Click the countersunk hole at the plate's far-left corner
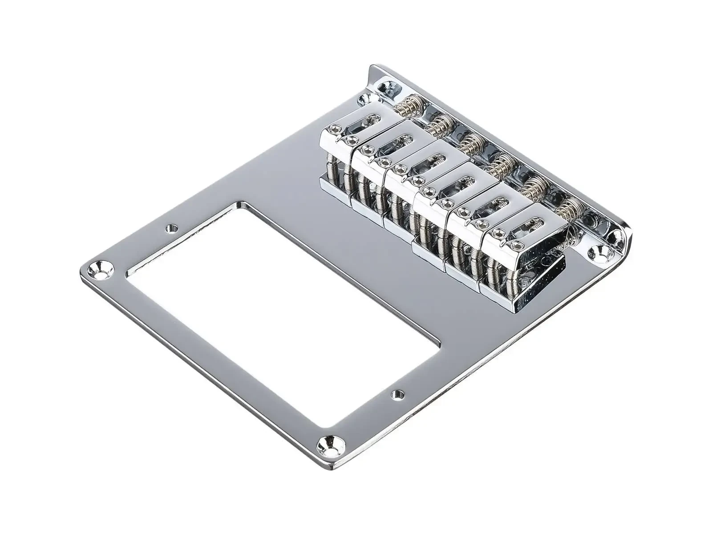101,270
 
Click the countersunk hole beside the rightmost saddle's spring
598,254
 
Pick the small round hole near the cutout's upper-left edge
170,229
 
